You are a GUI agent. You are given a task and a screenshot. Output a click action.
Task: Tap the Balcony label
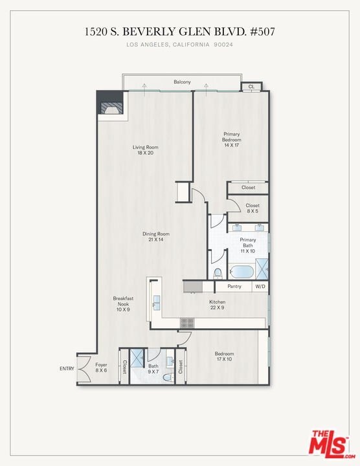(x=182, y=82)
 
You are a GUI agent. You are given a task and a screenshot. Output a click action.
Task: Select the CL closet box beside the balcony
(x=251, y=87)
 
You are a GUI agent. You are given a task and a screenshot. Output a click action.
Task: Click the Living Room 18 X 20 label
(x=146, y=150)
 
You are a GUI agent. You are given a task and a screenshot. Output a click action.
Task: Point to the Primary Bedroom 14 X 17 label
(x=232, y=139)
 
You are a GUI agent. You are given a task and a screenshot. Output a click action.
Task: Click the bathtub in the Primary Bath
(x=242, y=271)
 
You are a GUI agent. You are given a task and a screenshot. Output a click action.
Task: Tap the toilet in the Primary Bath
(x=218, y=274)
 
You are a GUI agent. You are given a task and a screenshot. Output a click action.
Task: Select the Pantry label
(x=234, y=286)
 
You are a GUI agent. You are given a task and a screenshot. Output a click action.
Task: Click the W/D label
(x=260, y=287)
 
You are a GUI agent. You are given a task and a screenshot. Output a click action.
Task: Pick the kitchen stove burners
(x=187, y=323)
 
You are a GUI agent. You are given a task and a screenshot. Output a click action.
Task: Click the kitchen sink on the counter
(x=156, y=303)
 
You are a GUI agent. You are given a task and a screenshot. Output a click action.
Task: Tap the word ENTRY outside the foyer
(x=67, y=368)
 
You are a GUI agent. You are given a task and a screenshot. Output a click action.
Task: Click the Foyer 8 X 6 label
(x=101, y=368)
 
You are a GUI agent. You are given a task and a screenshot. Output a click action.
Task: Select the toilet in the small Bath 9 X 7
(x=167, y=377)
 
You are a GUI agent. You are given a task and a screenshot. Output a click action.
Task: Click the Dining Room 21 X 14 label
(x=156, y=237)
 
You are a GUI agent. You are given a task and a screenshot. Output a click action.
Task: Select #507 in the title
(x=263, y=32)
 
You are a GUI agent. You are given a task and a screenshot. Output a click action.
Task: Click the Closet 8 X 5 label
(x=253, y=208)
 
